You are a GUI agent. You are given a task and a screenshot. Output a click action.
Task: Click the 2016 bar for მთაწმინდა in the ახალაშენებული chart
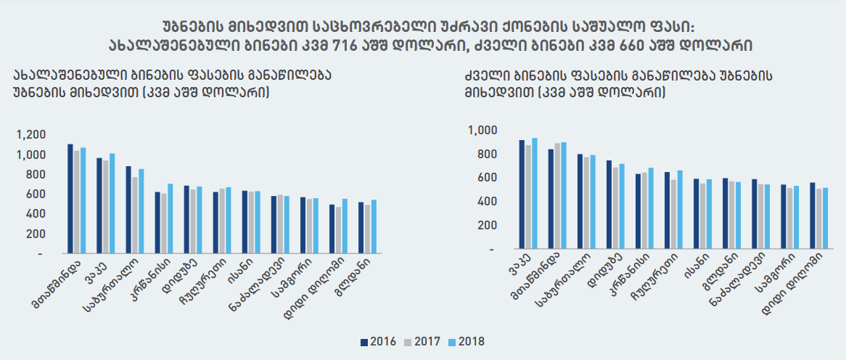[x=70, y=199]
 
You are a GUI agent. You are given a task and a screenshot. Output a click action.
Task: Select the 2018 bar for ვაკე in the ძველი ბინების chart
[x=535, y=193]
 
